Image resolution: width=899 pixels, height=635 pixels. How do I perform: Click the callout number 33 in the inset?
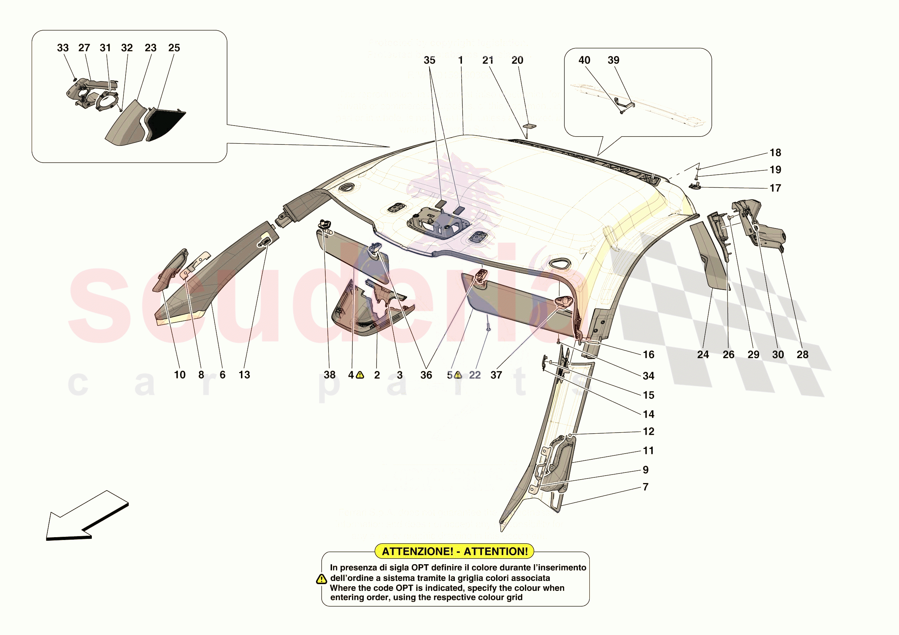point(63,48)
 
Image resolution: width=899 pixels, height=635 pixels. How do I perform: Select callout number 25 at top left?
point(174,48)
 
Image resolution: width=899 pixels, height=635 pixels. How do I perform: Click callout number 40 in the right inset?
point(584,60)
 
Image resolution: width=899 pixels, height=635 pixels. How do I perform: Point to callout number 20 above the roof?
point(517,60)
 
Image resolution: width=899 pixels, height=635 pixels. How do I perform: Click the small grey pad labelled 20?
point(530,126)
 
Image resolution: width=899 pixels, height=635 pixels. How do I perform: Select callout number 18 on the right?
point(775,153)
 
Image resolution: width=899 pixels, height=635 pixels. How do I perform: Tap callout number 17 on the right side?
point(775,188)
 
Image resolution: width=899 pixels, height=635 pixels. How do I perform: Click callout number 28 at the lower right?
point(802,355)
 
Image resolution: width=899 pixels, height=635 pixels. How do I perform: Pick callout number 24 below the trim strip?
point(703,355)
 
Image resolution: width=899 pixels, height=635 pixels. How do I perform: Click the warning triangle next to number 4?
point(360,375)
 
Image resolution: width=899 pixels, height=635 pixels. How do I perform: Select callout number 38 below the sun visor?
point(330,375)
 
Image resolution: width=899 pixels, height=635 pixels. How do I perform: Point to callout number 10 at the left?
point(180,375)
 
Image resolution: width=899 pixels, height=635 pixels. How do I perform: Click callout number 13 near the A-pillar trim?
point(245,375)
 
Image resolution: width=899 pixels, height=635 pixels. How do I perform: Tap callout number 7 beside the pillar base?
point(646,487)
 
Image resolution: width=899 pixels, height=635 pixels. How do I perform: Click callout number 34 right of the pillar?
point(648,376)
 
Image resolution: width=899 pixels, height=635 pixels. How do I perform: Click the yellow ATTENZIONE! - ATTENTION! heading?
point(454,551)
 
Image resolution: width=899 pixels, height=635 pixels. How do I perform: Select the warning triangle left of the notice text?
point(321,579)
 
